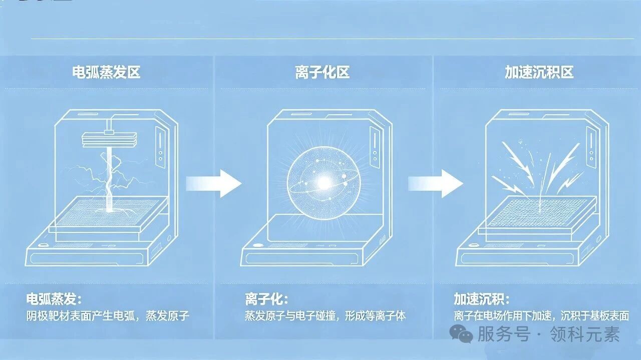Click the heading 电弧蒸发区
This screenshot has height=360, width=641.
click(106, 72)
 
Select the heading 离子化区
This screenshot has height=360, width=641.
click(322, 72)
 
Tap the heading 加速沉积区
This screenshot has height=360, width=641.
click(539, 72)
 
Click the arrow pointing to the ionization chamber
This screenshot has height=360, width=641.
click(214, 183)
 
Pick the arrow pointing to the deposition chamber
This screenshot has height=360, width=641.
click(436, 183)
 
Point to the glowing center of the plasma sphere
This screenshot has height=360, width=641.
click(324, 183)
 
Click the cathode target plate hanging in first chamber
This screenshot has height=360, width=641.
click(109, 140)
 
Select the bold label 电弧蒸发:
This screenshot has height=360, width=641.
click(54, 299)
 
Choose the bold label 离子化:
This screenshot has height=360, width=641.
click(266, 299)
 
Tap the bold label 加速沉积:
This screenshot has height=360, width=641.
click(482, 299)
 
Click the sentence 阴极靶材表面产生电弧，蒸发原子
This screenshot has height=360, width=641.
click(108, 316)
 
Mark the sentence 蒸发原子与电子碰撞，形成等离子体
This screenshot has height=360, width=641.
click(326, 316)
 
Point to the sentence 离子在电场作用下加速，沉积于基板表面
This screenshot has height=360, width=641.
click(541, 316)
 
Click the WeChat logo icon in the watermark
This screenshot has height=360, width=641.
click(461, 333)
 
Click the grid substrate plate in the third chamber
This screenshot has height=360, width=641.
click(538, 212)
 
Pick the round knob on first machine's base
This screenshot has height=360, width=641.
click(43, 245)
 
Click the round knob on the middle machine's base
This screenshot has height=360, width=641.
click(257, 245)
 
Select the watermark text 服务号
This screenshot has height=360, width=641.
click(504, 334)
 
